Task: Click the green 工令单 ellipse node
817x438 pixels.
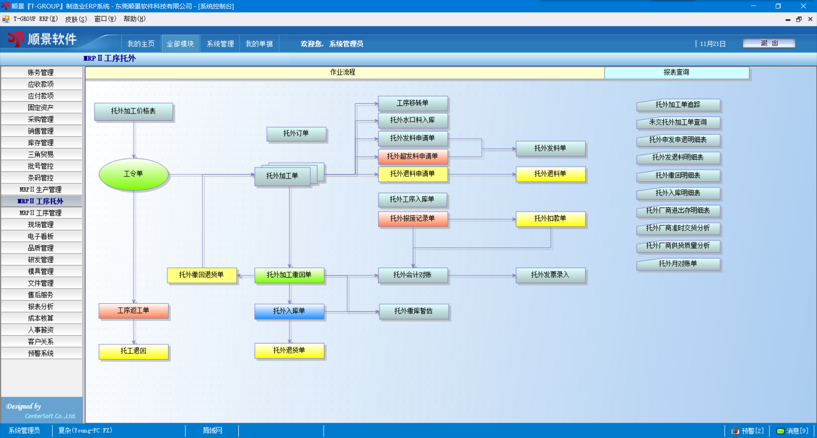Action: click(x=134, y=174)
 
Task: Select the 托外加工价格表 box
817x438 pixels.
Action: click(x=134, y=111)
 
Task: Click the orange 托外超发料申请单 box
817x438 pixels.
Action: click(x=413, y=156)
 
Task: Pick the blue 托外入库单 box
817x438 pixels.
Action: click(x=289, y=311)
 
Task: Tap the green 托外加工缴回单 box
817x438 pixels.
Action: click(x=289, y=275)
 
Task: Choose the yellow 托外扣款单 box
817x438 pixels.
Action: click(x=551, y=219)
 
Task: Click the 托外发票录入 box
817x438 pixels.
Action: click(x=551, y=275)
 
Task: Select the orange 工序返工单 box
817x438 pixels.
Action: click(x=134, y=311)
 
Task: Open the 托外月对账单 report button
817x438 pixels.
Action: click(x=678, y=264)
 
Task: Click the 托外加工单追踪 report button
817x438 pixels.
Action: click(x=678, y=105)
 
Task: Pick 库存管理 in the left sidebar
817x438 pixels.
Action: click(x=41, y=143)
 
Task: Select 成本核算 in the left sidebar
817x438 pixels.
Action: click(x=41, y=319)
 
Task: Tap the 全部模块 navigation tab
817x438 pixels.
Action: click(x=180, y=44)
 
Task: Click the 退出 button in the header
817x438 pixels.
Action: click(x=769, y=43)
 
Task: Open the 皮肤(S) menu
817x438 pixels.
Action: click(x=76, y=19)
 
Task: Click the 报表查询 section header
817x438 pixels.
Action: click(x=677, y=73)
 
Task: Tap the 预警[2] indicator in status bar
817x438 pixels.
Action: click(x=748, y=431)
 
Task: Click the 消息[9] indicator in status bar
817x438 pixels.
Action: click(x=792, y=431)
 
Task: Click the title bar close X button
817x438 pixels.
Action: click(x=803, y=6)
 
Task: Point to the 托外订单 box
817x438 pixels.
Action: click(x=296, y=134)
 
